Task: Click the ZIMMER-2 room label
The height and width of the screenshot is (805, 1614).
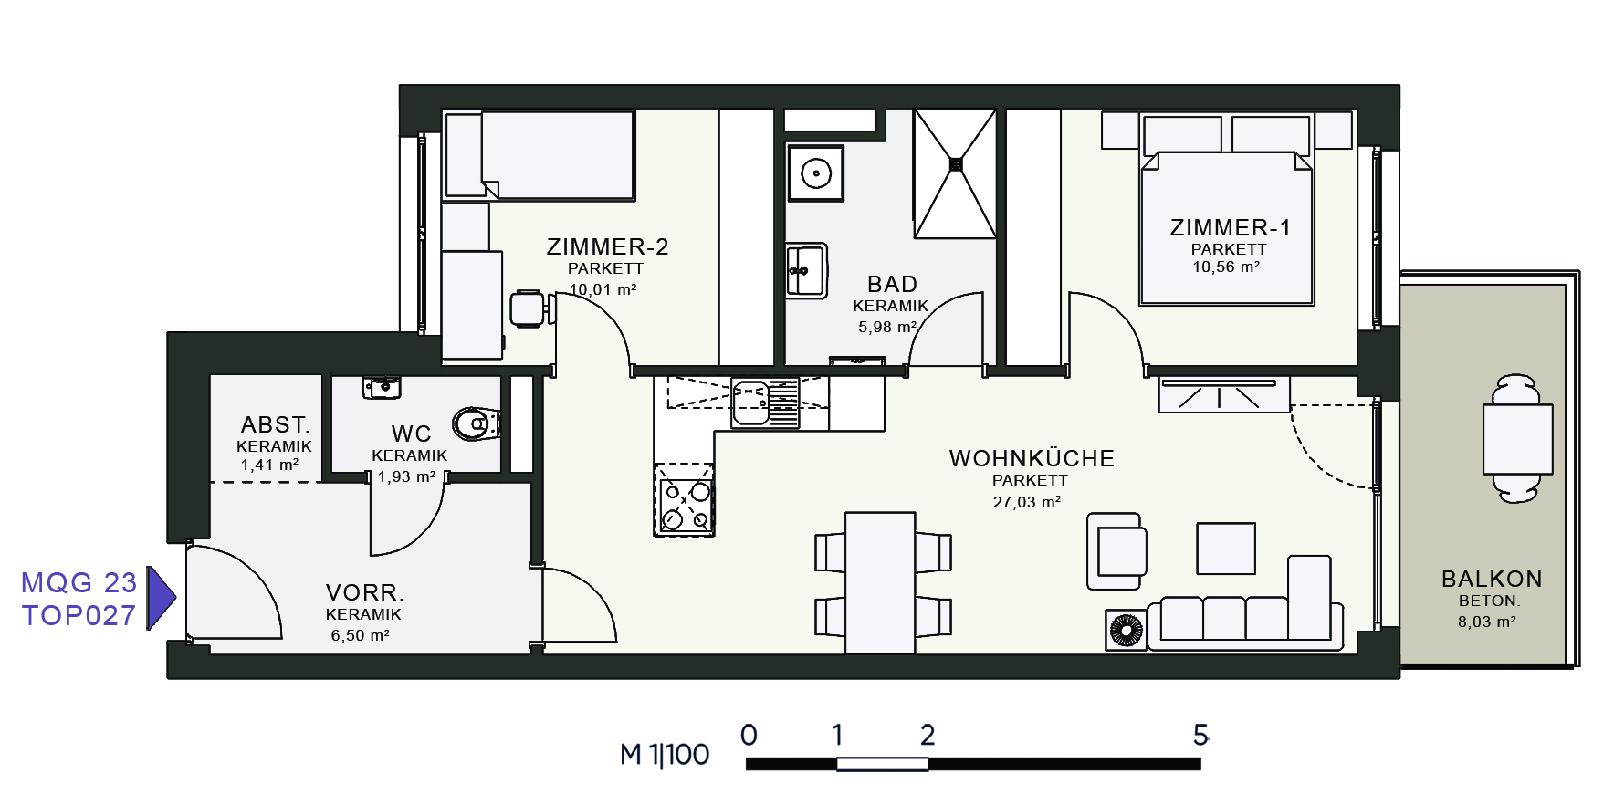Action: pyautogui.click(x=607, y=246)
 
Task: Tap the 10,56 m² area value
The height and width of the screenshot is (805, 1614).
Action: pyautogui.click(x=1226, y=267)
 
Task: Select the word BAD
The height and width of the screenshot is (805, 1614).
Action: pyautogui.click(x=892, y=284)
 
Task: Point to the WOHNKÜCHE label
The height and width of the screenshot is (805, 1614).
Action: pyautogui.click(x=1032, y=457)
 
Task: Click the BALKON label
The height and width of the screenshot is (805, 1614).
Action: pyautogui.click(x=1492, y=579)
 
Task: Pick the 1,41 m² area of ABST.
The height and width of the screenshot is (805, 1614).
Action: pyautogui.click(x=269, y=465)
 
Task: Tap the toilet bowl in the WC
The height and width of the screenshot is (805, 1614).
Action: pyautogui.click(x=476, y=423)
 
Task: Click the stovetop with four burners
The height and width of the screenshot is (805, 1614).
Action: pyautogui.click(x=685, y=499)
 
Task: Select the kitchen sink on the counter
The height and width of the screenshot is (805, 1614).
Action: pyautogui.click(x=766, y=403)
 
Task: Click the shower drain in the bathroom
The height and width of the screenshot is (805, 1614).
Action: pyautogui.click(x=956, y=164)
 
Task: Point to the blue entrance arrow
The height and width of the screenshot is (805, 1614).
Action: pyautogui.click(x=161, y=598)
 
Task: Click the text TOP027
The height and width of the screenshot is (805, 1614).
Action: pyautogui.click(x=79, y=615)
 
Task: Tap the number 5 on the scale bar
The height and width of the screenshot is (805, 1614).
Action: pyautogui.click(x=1200, y=735)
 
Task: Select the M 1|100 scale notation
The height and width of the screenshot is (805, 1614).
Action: pyautogui.click(x=665, y=755)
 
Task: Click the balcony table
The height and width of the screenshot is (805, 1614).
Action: pyautogui.click(x=1517, y=439)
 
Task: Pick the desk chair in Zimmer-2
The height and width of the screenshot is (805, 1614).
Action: pyautogui.click(x=529, y=308)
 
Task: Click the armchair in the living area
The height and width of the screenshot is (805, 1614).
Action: pyautogui.click(x=1116, y=551)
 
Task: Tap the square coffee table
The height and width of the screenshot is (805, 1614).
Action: pyautogui.click(x=1226, y=549)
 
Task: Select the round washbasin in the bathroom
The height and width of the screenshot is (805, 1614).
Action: pyautogui.click(x=816, y=172)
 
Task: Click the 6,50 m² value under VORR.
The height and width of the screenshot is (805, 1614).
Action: pyautogui.click(x=361, y=635)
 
